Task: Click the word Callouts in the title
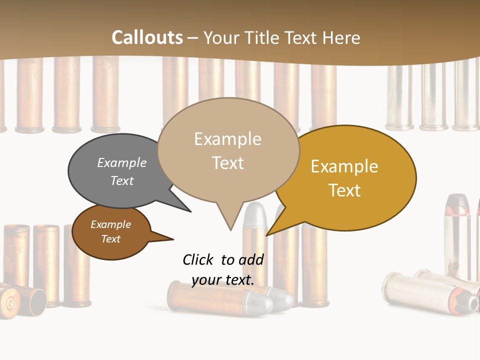pyautogui.click(x=147, y=37)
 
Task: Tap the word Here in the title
pyautogui.click(x=340, y=37)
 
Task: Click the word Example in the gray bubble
pyautogui.click(x=122, y=163)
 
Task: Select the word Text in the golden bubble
pyautogui.click(x=344, y=190)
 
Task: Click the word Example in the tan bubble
pyautogui.click(x=228, y=139)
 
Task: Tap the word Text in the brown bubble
pyautogui.click(x=111, y=239)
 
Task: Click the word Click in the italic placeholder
pyautogui.click(x=199, y=259)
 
